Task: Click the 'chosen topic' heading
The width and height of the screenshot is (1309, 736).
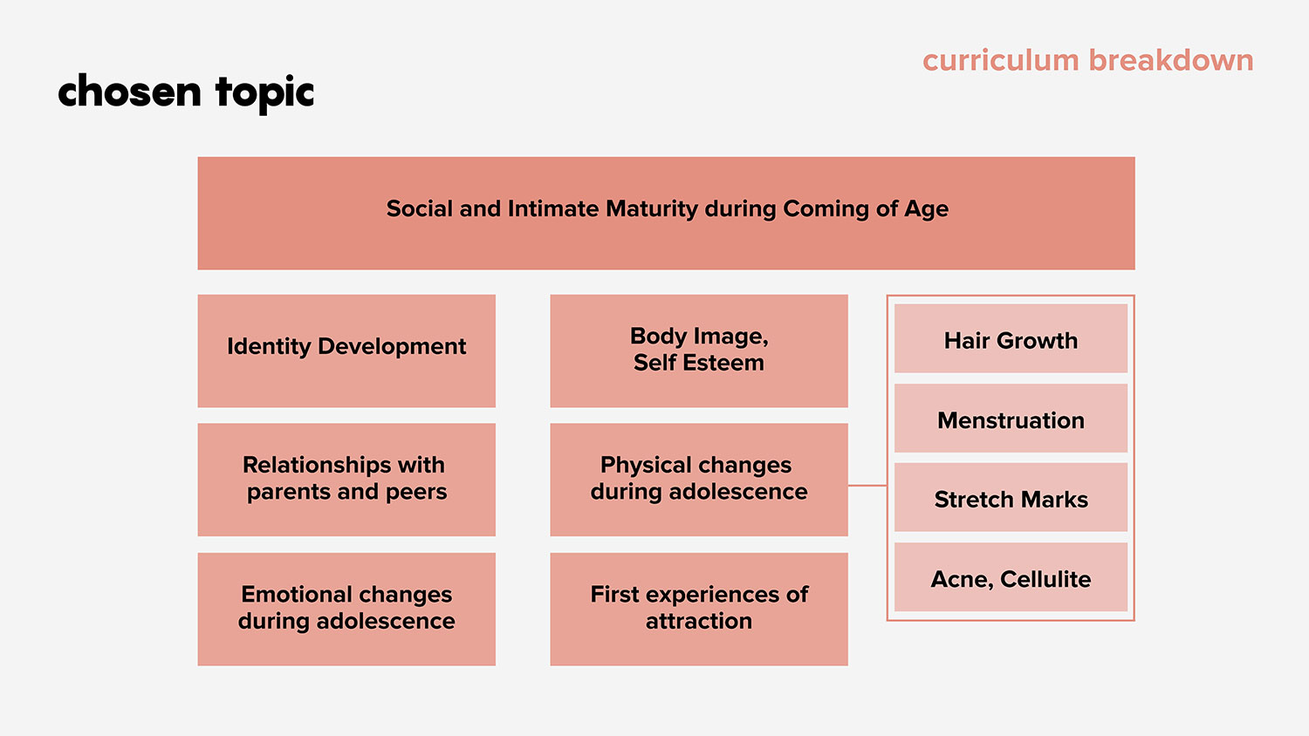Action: click(186, 92)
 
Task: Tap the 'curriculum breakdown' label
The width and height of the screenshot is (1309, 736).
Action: click(1088, 61)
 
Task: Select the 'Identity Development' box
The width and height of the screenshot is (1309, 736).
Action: click(346, 351)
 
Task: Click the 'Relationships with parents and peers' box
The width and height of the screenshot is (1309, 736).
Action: click(346, 480)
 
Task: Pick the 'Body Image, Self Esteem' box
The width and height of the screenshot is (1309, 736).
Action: click(699, 351)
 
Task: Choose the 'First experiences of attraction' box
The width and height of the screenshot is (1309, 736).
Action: click(699, 610)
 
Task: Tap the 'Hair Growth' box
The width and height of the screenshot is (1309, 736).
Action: click(1011, 338)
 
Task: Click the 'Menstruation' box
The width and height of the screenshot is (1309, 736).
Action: click(1011, 418)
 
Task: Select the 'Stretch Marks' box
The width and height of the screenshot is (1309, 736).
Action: click(1011, 497)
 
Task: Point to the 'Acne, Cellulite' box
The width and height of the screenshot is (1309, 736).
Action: click(1011, 577)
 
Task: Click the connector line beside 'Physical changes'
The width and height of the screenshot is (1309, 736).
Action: click(867, 485)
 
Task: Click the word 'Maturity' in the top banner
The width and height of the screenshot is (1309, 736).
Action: click(652, 209)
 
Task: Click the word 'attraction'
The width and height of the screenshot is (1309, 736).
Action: click(699, 621)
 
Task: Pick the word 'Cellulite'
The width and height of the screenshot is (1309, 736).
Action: click(1045, 579)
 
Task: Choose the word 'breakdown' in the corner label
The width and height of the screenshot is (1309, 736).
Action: click(1171, 61)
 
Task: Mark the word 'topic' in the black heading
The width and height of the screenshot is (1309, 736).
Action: click(264, 93)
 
